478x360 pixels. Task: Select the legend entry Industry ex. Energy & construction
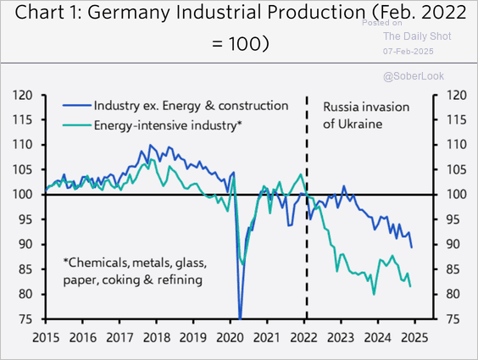(191, 106)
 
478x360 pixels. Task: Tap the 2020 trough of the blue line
(240, 317)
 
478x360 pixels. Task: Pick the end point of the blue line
(413, 247)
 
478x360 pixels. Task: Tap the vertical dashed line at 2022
(306, 254)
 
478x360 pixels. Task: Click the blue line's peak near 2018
(150, 145)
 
